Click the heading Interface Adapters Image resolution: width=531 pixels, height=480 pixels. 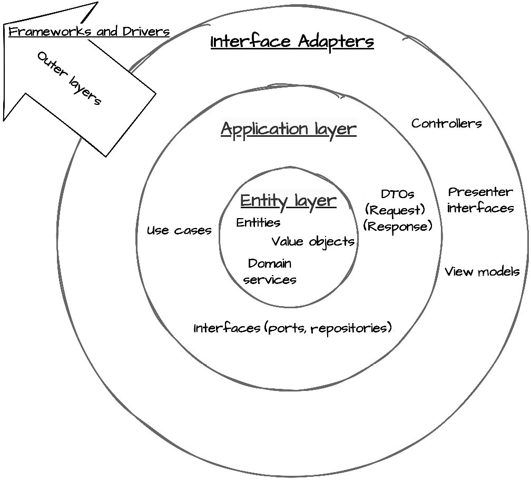pos(292,42)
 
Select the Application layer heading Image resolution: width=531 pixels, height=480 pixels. pos(289,129)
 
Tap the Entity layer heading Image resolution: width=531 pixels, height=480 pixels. pos(288,201)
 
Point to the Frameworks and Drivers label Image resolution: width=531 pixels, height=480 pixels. pos(89,31)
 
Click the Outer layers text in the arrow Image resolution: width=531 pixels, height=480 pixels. pos(69,79)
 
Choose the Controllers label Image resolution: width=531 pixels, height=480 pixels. pos(446,124)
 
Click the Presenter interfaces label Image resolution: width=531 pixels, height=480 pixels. pos(480,200)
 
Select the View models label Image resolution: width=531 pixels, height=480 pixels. pos(482,272)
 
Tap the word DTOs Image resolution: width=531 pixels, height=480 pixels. pos(397,194)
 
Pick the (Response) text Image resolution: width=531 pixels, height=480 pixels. pos(398,227)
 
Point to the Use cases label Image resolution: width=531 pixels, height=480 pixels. pos(179,231)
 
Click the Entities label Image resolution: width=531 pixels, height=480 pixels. pos(258,223)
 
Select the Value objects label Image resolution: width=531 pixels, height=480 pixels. pos(313,242)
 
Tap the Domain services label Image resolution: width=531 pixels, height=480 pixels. pos(270,271)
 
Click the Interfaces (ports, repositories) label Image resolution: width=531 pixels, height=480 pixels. pos(293,328)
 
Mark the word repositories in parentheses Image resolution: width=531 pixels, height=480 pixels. pos(349,329)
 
